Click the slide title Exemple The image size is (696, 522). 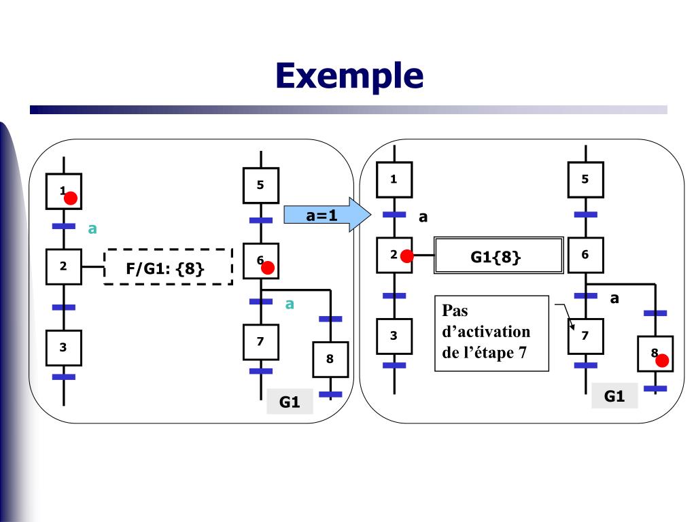349,75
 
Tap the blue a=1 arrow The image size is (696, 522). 327,215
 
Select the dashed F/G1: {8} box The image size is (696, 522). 169,266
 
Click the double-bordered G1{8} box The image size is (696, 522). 498,256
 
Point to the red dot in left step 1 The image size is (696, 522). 71,198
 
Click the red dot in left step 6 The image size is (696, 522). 268,268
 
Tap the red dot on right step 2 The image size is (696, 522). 406,256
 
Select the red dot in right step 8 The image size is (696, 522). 662,360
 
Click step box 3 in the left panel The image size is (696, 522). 63,347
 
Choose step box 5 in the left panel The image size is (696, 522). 261,185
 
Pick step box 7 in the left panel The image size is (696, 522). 261,342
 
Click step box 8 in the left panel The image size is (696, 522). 330,359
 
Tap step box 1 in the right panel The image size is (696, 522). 394,179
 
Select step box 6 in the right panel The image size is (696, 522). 585,255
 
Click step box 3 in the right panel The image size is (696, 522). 394,336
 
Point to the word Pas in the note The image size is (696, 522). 455,310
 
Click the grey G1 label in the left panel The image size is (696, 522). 290,402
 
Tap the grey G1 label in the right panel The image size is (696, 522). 614,396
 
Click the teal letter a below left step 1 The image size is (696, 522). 92,229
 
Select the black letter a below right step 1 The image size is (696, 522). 423,217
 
